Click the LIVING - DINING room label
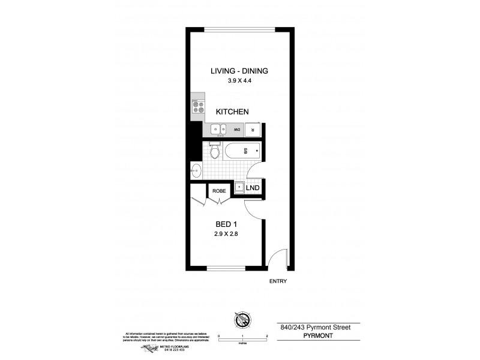point(239,71)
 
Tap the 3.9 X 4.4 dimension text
point(239,83)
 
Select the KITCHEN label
point(232,112)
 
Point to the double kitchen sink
point(217,129)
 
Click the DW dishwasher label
point(238,130)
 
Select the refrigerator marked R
point(253,130)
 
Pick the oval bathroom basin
point(196,170)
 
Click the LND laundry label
point(253,188)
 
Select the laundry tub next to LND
point(239,188)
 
